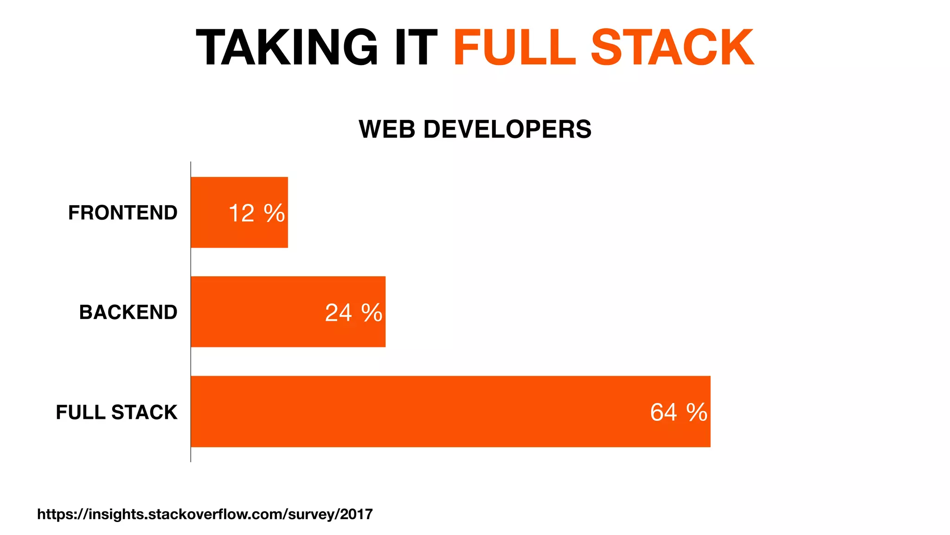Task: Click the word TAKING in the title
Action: pyautogui.click(x=287, y=47)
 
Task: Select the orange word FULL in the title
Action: pyautogui.click(x=514, y=47)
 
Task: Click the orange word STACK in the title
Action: pyautogui.click(x=672, y=47)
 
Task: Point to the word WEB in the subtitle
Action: pyautogui.click(x=387, y=129)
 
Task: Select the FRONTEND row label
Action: pyautogui.click(x=122, y=213)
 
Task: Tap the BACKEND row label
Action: pyautogui.click(x=128, y=312)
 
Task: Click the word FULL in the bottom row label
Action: pyautogui.click(x=81, y=412)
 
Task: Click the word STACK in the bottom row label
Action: pyautogui.click(x=144, y=412)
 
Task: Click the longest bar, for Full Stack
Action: pyautogui.click(x=417, y=411)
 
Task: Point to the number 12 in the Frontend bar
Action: pyautogui.click(x=241, y=214)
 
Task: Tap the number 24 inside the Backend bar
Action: pyautogui.click(x=338, y=313)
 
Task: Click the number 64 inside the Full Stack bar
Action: pyautogui.click(x=663, y=412)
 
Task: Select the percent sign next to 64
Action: pyautogui.click(x=697, y=412)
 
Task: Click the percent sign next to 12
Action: pyautogui.click(x=274, y=214)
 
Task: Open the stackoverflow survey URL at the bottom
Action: pyautogui.click(x=205, y=514)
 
